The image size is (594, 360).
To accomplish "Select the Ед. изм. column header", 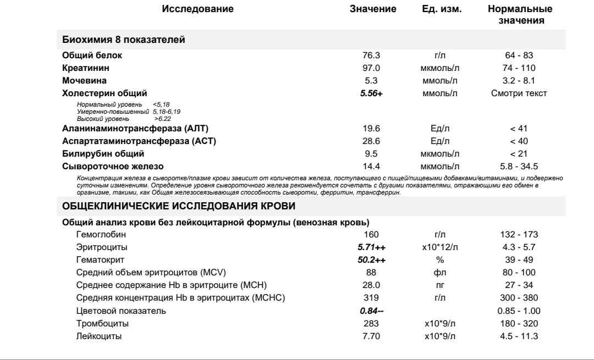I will click(x=438, y=9).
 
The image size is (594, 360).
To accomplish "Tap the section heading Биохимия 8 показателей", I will click(x=124, y=40).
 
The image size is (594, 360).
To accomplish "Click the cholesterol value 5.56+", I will click(x=371, y=93).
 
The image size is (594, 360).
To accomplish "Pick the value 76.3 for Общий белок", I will click(x=369, y=56).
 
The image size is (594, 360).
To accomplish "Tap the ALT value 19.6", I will click(x=369, y=129).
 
